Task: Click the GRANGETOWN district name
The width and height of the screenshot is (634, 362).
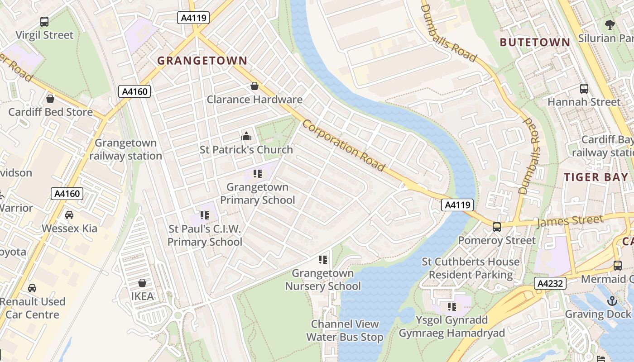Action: [202, 61]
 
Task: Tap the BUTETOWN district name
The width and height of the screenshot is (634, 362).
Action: [535, 43]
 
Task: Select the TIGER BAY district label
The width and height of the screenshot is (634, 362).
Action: [596, 177]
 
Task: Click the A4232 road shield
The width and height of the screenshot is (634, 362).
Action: [550, 284]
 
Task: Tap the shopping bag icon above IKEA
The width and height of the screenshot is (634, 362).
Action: [142, 283]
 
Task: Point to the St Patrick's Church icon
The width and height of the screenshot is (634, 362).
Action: [246, 136]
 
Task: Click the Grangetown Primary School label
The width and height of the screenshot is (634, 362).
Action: [257, 194]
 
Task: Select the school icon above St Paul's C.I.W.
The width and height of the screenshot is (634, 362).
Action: [204, 215]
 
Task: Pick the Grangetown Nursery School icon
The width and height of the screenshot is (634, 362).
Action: [323, 260]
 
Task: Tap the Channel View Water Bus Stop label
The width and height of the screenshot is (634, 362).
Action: [345, 331]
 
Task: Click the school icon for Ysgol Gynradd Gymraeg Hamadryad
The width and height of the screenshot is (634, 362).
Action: [451, 307]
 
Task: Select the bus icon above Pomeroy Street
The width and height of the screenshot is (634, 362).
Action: [497, 227]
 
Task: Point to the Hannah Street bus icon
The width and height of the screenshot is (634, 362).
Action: [584, 89]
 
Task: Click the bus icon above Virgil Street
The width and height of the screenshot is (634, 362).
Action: [44, 21]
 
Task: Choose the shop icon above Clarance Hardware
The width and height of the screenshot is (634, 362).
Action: [255, 86]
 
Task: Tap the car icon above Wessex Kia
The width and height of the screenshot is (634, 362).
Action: [69, 215]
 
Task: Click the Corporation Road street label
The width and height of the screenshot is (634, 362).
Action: [344, 146]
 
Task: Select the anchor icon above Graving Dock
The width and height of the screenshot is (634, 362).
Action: [612, 300]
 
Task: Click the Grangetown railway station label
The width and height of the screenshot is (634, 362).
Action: [125, 149]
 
